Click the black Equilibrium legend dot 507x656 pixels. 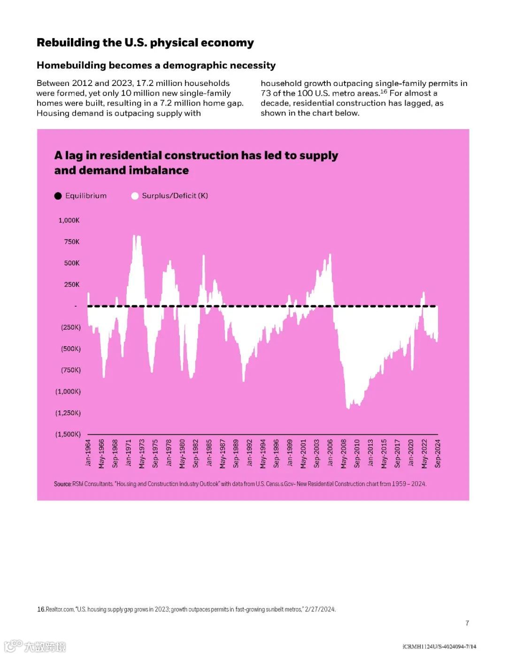(x=58, y=196)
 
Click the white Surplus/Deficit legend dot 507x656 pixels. (x=135, y=196)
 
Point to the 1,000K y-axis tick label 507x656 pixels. (x=69, y=220)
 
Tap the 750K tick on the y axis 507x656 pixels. (x=72, y=242)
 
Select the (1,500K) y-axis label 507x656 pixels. (x=68, y=434)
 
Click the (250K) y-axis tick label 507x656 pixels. (x=71, y=327)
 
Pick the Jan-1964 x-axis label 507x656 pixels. (x=88, y=453)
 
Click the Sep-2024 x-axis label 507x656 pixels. (x=438, y=453)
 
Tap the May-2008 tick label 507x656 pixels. (x=344, y=453)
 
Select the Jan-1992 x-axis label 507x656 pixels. (x=250, y=453)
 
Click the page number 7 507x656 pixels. (x=467, y=623)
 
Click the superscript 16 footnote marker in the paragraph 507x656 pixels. (x=384, y=92)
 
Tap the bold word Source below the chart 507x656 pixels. (x=62, y=484)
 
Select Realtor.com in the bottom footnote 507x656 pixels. (x=60, y=610)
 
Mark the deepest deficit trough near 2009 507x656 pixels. (x=348, y=408)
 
